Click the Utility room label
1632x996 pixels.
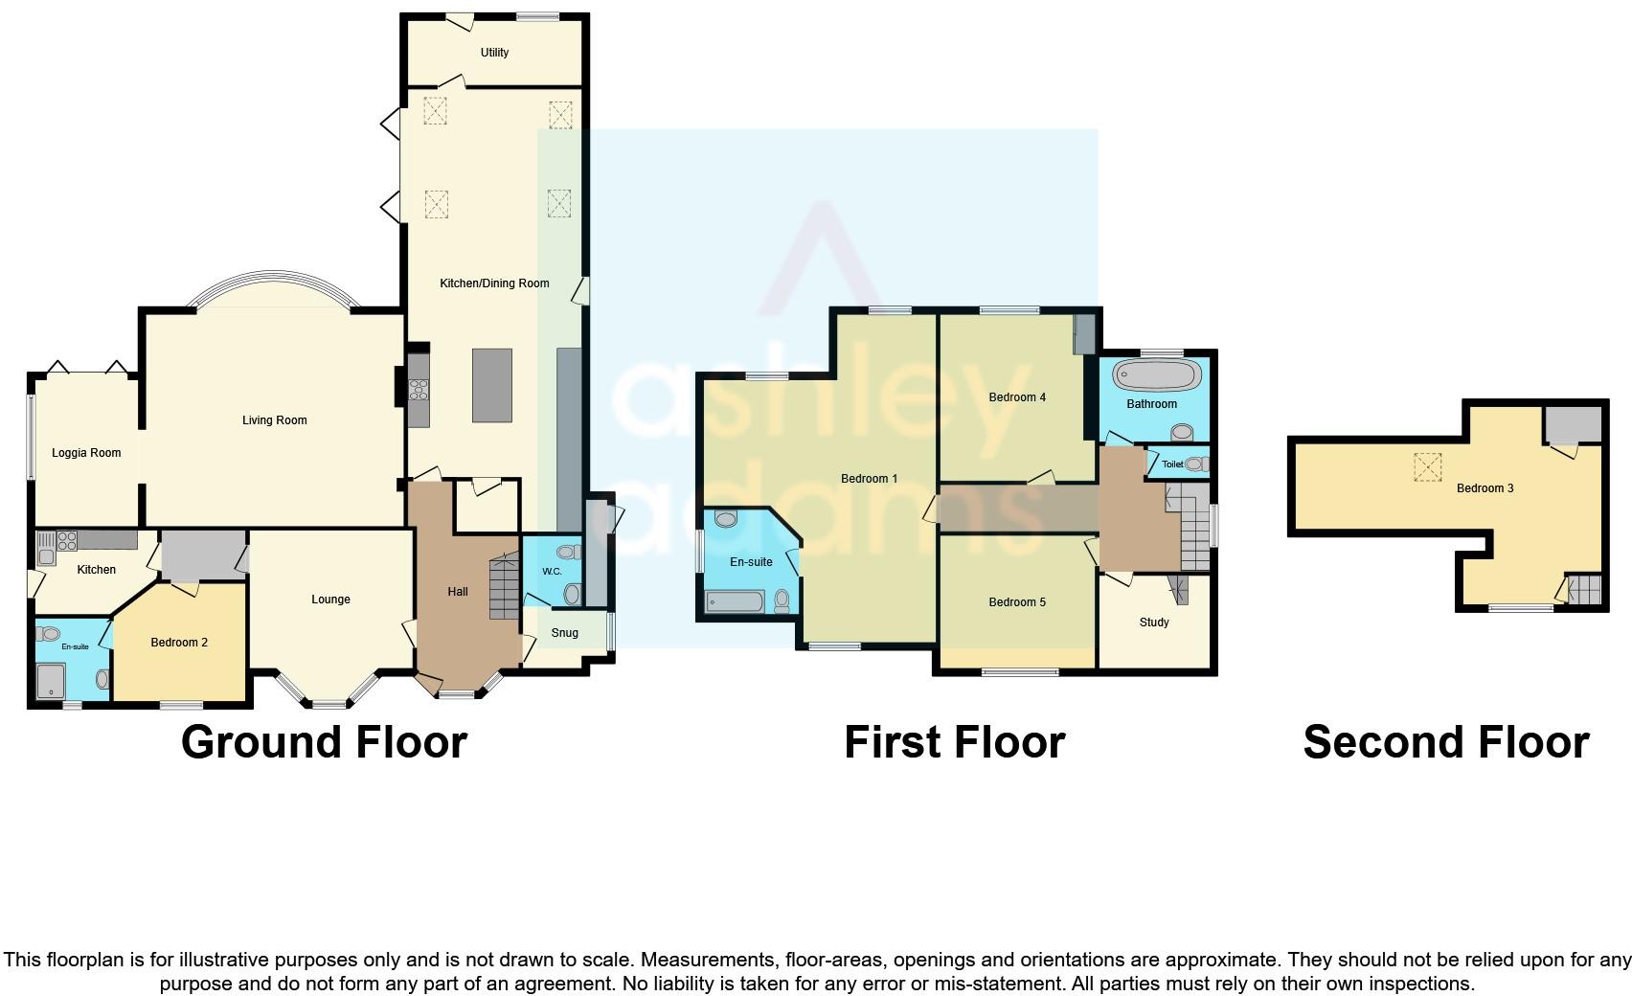pyautogui.click(x=494, y=53)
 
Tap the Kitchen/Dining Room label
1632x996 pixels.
pyautogui.click(x=494, y=283)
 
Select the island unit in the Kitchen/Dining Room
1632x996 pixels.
pyautogui.click(x=491, y=385)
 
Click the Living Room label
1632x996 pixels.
pyautogui.click(x=275, y=420)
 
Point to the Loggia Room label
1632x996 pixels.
pyautogui.click(x=86, y=453)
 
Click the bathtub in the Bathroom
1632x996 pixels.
pyautogui.click(x=1156, y=375)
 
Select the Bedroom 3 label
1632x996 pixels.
pyautogui.click(x=1485, y=488)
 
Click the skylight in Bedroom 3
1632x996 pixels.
pyautogui.click(x=1427, y=467)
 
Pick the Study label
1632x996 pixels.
pyautogui.click(x=1154, y=622)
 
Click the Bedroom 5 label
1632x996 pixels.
pyautogui.click(x=1017, y=602)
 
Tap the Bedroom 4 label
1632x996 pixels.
pyautogui.click(x=1017, y=397)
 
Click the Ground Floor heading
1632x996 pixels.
pyautogui.click(x=325, y=742)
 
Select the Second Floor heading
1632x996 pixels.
pyautogui.click(x=1446, y=742)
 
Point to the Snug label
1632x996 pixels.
pyautogui.click(x=565, y=633)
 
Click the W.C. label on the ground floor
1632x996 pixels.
pyautogui.click(x=552, y=572)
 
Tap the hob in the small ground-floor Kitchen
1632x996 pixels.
pyautogui.click(x=67, y=541)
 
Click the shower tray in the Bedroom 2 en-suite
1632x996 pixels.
pyautogui.click(x=51, y=681)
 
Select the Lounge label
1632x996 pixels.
pyautogui.click(x=330, y=600)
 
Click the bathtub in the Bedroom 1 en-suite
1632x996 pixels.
pyautogui.click(x=736, y=601)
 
